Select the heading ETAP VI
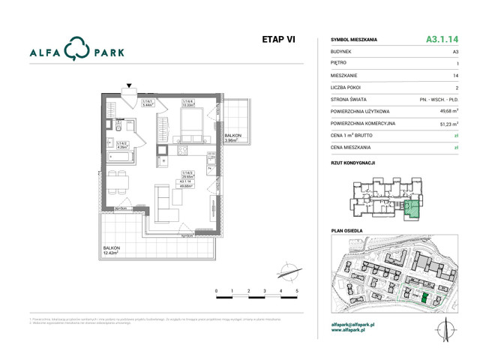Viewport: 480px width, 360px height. click(x=278, y=40)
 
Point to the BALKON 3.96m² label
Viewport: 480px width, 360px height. click(x=232, y=137)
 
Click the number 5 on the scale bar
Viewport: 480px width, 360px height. click(x=297, y=290)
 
